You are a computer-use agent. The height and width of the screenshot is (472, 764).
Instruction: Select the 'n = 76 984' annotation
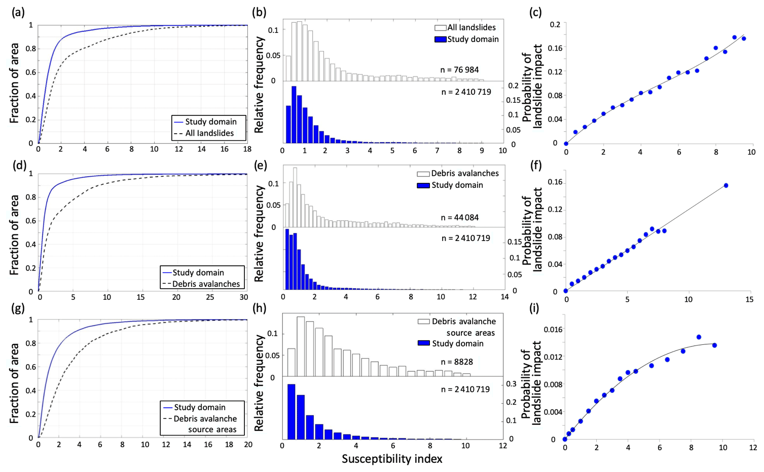[459, 70]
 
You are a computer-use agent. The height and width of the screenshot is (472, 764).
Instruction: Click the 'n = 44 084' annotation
[459, 217]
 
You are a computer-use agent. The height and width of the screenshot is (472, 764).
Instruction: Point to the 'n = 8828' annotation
[457, 362]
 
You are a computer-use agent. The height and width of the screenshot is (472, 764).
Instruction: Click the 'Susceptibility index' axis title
[392, 459]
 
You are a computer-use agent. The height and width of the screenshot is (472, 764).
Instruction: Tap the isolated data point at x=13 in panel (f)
[726, 185]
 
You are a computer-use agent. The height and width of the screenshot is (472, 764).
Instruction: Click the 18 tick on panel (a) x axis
[247, 149]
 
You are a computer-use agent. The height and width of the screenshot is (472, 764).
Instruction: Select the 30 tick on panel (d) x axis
[243, 297]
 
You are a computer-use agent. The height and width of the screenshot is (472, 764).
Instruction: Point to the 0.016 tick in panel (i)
[552, 330]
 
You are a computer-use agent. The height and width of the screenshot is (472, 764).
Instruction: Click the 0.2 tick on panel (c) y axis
[555, 24]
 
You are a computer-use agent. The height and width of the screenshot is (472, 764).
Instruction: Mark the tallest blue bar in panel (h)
[292, 411]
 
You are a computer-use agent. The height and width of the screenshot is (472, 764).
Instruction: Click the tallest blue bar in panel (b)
[294, 115]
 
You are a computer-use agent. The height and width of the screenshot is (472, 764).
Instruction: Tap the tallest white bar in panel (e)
[295, 197]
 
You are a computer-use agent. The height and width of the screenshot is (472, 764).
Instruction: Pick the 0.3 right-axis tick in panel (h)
[512, 384]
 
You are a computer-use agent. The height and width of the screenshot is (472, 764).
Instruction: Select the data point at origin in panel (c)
[566, 143]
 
